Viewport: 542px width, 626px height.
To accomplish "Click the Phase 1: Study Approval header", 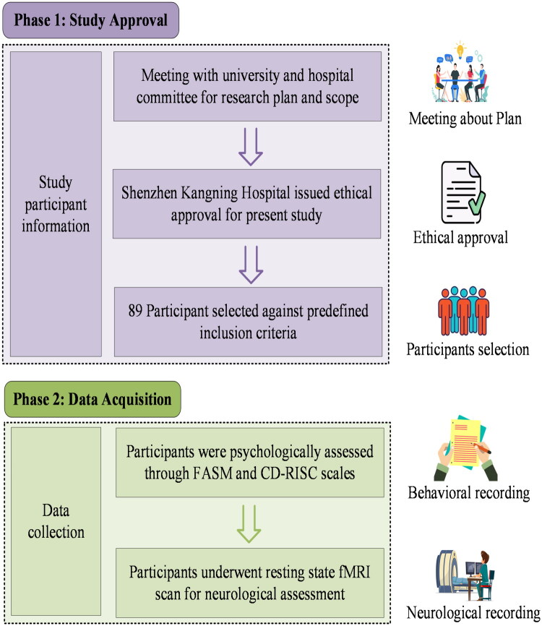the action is [90, 20].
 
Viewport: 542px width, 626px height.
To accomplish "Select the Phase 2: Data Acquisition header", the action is [93, 399].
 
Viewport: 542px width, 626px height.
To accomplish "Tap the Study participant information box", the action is [56, 204].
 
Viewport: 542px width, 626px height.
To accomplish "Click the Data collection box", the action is [56, 521].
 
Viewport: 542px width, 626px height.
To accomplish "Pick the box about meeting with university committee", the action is [247, 86].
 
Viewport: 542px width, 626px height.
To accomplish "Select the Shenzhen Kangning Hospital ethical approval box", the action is [246, 204].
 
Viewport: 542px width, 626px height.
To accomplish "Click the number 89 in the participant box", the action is [135, 311].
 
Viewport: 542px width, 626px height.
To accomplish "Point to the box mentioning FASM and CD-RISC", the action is [250, 463].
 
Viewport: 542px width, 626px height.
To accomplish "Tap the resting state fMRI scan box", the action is [250, 583].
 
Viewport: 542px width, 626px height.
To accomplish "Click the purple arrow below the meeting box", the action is [251, 147].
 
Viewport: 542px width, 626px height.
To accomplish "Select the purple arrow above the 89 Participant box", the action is [251, 265].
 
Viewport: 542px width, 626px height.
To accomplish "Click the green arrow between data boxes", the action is [249, 524].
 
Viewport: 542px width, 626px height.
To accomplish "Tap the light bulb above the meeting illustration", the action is [460, 48].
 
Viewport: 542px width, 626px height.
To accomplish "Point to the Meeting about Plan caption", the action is [465, 119].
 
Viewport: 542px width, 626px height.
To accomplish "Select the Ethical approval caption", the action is [460, 238].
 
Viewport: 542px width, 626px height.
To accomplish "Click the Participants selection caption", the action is [468, 349].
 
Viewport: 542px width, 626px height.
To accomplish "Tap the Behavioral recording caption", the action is [469, 493].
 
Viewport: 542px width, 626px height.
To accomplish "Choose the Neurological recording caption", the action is [473, 612].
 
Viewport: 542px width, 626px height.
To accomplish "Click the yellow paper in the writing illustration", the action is [465, 442].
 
